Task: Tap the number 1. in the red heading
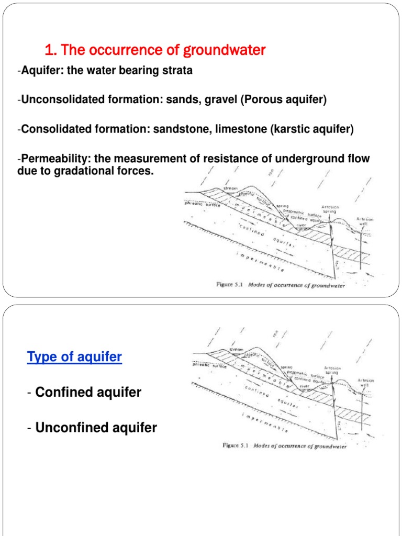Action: [x=50, y=50]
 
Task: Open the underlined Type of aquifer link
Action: [x=74, y=358]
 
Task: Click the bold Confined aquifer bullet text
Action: [x=88, y=392]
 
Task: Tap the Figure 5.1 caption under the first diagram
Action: [x=281, y=285]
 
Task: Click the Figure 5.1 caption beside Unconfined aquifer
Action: [x=284, y=446]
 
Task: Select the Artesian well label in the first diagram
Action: [x=365, y=221]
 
